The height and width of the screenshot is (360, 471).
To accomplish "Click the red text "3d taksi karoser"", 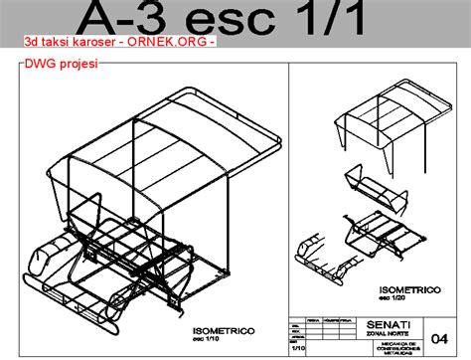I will pos(67,45).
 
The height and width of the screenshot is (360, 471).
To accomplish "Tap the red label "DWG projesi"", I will pos(58,66).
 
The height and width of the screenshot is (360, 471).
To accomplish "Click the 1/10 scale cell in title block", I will pos(298,349).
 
